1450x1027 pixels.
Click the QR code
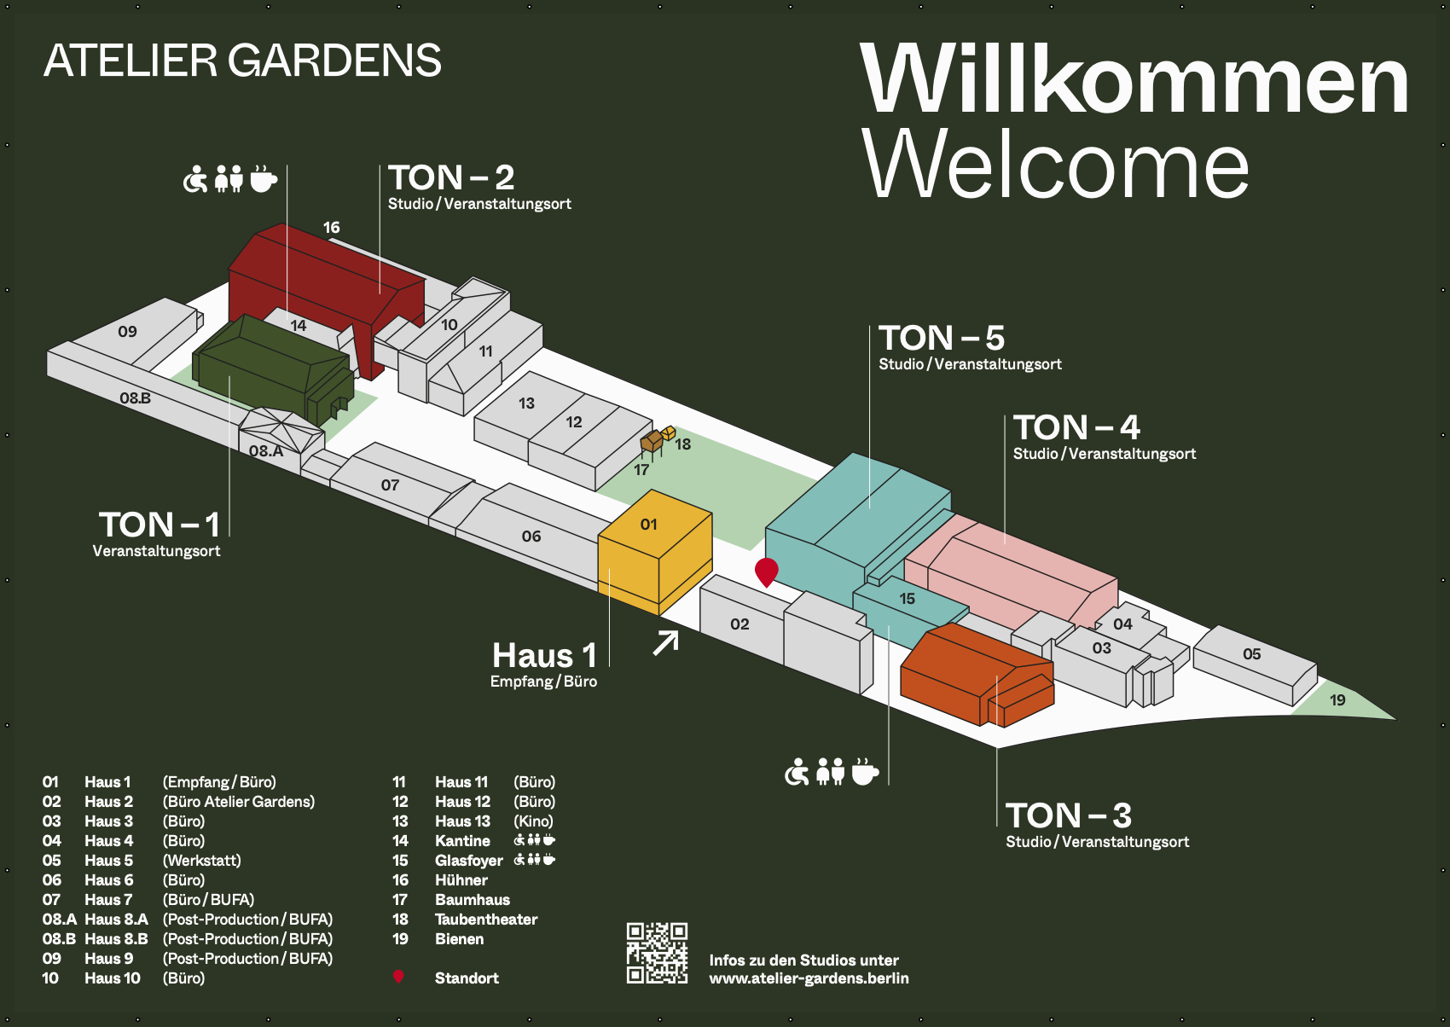657,953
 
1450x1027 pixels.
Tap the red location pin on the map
767,571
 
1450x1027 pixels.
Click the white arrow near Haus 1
666,642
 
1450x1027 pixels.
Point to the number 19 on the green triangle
1337,700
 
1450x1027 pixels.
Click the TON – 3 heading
1068,815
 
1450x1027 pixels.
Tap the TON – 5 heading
942,338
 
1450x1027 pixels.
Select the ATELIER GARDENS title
242,61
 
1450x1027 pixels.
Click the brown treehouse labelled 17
652,442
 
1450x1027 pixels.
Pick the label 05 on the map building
1251,654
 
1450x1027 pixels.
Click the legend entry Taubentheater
486,920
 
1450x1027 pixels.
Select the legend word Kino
533,821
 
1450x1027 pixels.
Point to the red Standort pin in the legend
398,977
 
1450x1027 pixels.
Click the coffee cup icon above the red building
263,179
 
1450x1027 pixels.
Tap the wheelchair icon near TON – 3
797,772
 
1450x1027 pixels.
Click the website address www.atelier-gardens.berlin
809,978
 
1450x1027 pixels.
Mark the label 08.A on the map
266,451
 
